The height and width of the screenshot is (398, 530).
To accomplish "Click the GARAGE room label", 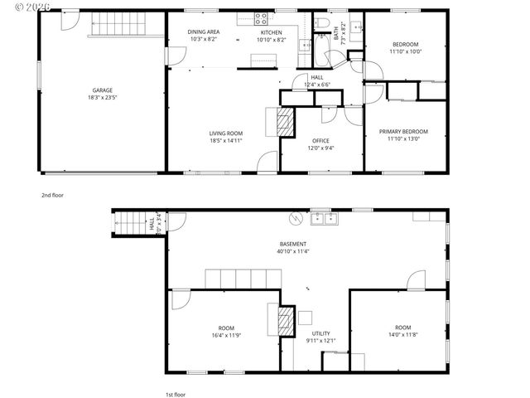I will coord(103,90).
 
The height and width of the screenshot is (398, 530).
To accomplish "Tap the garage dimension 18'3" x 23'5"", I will coord(103,97).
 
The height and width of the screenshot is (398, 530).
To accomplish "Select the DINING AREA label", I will coord(204,32).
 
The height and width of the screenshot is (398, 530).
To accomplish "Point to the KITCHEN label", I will coord(271,32).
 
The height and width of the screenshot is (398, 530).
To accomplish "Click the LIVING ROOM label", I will coord(225,133).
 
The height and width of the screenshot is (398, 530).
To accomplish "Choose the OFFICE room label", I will coord(321,141).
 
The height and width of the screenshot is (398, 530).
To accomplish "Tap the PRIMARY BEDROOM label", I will coord(404,132).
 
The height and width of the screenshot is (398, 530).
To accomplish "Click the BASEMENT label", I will coord(294,244).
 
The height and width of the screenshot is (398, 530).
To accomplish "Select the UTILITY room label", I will coord(320,333).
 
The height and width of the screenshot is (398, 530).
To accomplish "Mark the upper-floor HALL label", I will coord(317,77).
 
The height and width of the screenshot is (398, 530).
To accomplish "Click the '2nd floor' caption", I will coord(52,195).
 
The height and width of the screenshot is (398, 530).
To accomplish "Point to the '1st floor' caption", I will coord(175,395).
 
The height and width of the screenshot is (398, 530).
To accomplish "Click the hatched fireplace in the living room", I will coord(285,124).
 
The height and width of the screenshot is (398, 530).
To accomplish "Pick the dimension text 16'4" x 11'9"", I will coord(226,334).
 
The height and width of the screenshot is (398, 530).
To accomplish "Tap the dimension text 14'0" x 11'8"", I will coord(403,334).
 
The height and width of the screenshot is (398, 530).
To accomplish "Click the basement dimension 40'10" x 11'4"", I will coord(294,251).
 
